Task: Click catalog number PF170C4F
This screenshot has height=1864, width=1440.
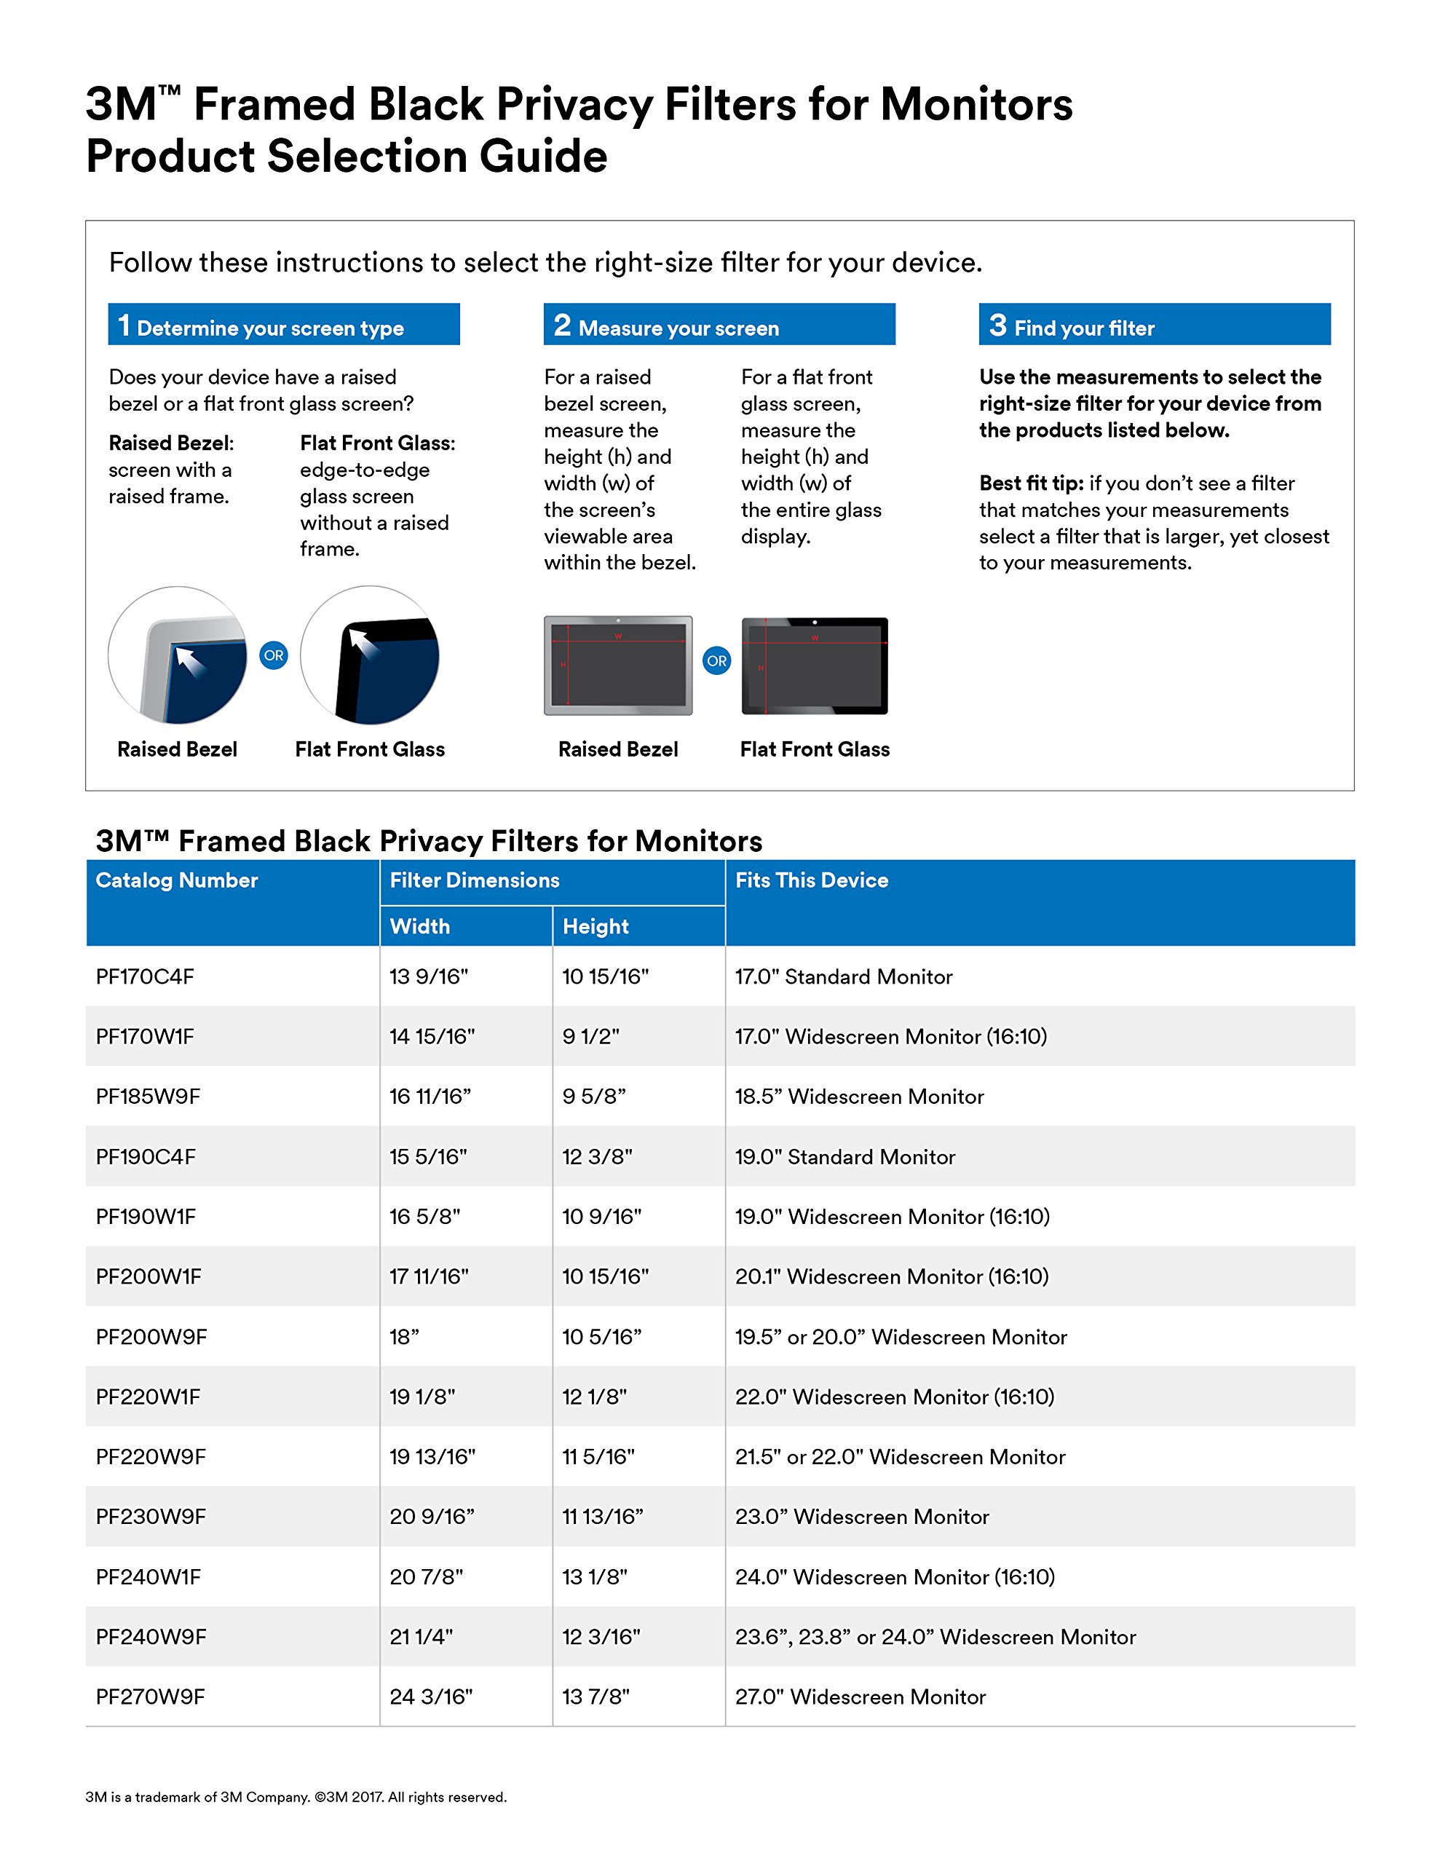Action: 145,976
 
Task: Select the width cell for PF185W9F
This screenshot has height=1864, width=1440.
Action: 430,1097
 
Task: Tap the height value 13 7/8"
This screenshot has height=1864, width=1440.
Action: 596,1697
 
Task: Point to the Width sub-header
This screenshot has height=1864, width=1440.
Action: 420,927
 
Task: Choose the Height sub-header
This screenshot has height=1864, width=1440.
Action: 596,927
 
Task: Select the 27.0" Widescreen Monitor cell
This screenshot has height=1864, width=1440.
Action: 861,1697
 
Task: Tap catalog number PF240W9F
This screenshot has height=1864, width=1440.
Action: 151,1637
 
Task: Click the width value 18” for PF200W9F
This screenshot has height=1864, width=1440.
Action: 405,1338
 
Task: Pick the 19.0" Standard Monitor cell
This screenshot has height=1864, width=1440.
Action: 845,1157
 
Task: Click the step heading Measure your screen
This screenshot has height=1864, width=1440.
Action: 679,328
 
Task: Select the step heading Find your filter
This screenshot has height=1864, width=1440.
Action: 1084,328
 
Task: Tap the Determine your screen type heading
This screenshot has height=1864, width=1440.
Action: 270,328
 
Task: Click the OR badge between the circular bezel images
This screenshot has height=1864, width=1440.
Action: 273,655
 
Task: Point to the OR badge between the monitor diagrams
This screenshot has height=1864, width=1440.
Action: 717,660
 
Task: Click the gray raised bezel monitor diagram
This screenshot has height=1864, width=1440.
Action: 618,665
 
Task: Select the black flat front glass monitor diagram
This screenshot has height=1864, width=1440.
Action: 815,666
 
